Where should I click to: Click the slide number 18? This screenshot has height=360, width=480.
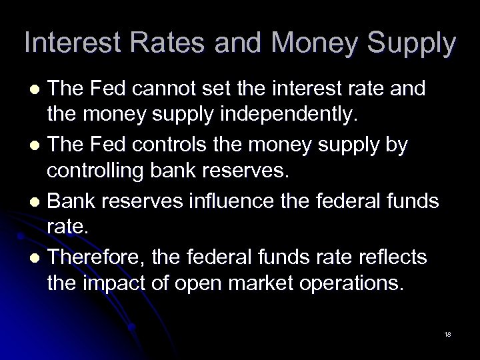click(447, 333)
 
